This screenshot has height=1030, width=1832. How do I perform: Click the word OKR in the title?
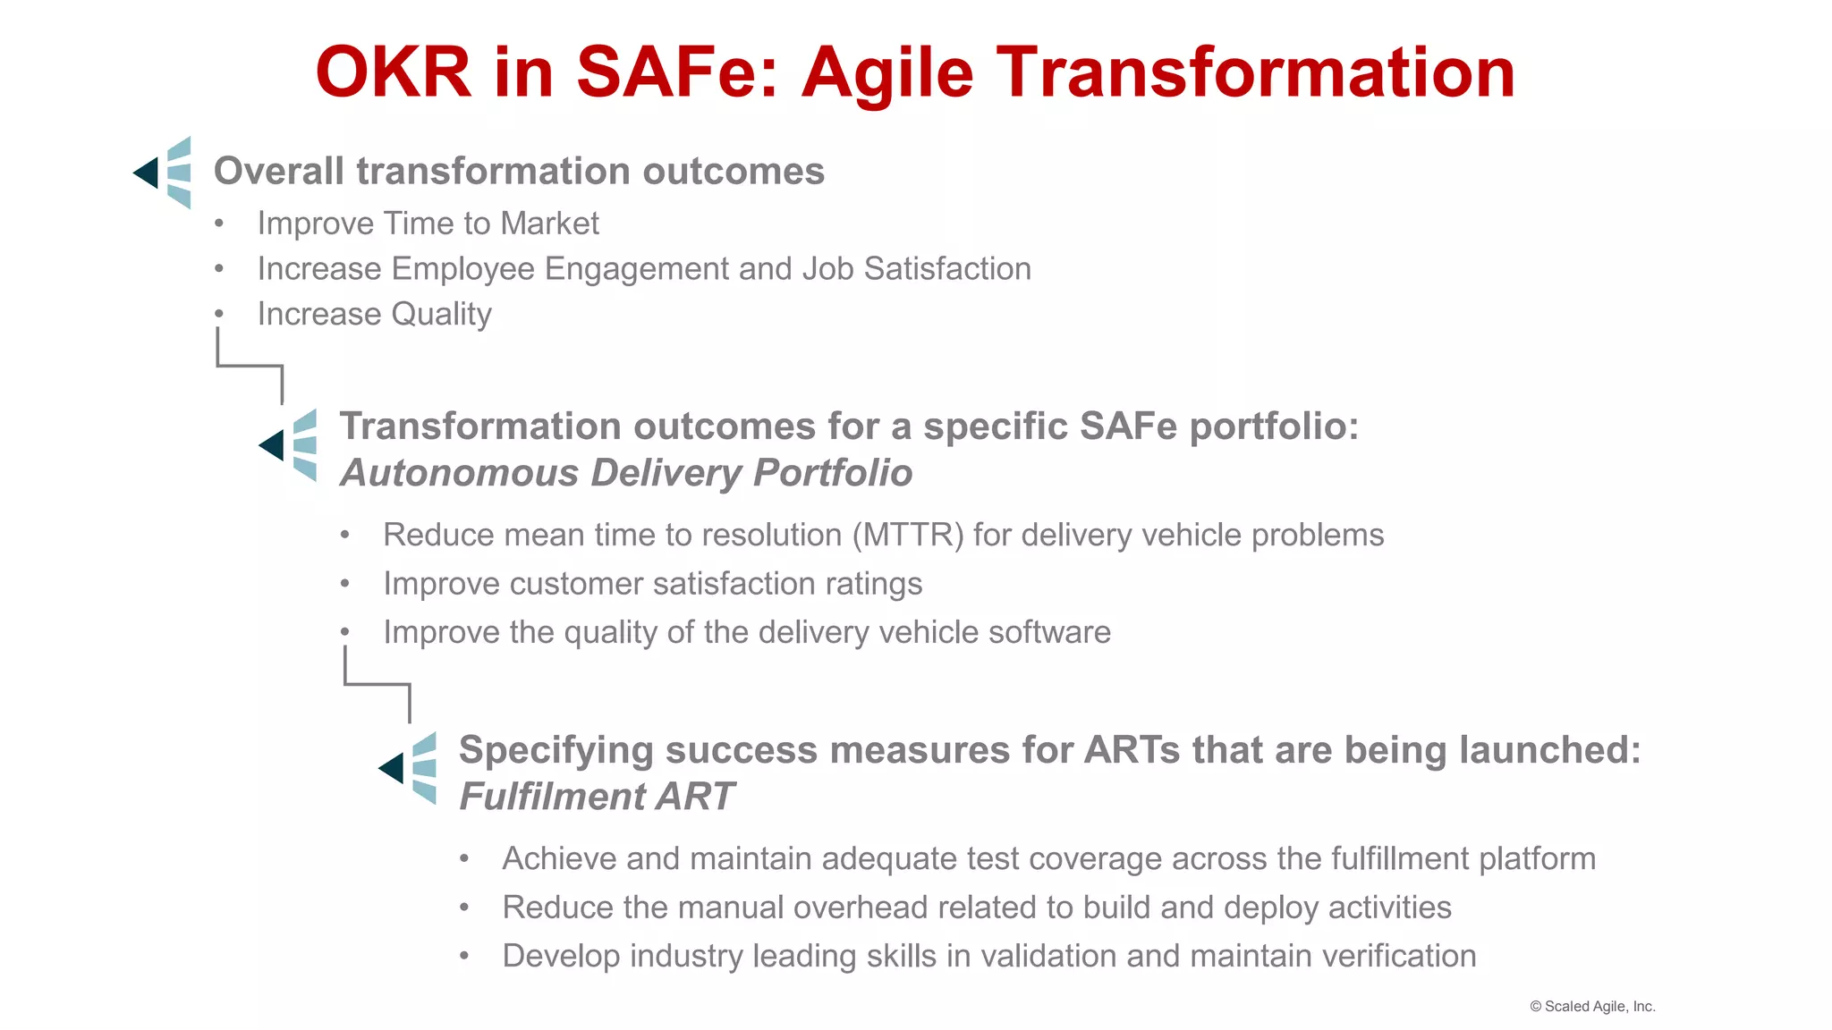[393, 72]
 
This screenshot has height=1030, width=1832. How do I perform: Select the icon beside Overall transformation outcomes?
[164, 173]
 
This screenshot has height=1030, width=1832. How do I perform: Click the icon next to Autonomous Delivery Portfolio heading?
[289, 445]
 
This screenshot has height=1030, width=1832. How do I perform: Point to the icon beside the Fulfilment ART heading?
[409, 768]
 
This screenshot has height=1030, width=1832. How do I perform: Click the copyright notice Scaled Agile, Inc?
[1592, 1006]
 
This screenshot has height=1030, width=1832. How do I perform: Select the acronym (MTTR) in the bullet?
[908, 535]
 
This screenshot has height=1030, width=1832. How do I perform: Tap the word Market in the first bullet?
[549, 224]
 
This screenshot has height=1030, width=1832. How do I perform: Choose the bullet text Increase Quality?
[374, 315]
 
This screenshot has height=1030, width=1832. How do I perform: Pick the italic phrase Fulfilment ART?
[596, 797]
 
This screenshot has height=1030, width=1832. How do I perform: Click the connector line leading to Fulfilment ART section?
[377, 685]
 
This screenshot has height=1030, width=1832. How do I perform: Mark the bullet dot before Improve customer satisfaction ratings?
[345, 584]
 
